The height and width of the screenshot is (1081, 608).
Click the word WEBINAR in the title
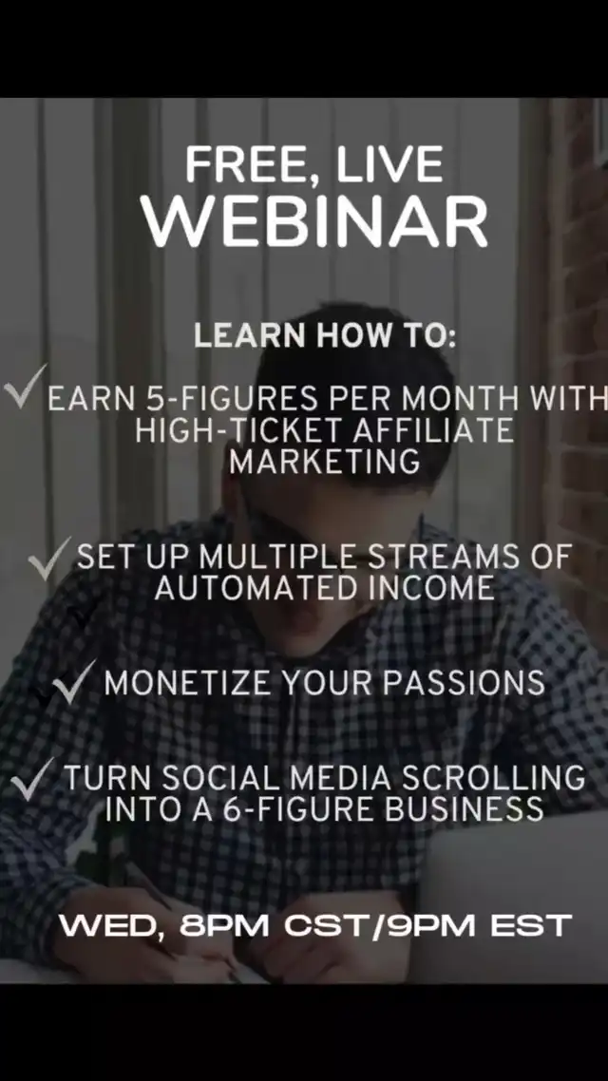314,220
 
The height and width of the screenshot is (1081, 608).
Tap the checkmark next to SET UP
49,559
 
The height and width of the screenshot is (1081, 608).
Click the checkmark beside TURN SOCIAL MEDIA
32,779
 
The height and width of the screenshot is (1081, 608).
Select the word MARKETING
325,462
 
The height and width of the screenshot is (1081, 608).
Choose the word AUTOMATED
255,588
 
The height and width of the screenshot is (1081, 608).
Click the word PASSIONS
464,683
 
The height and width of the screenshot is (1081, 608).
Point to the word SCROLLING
493,778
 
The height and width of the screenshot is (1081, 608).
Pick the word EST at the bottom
531,925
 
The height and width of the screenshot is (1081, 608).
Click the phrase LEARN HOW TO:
325,335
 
